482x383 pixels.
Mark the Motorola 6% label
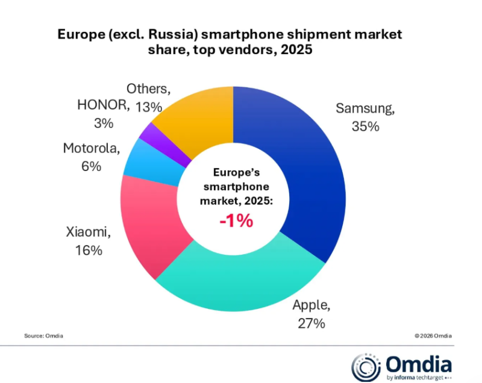(x=91, y=157)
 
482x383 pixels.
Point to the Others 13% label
(x=148, y=98)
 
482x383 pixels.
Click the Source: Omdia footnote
(x=43, y=335)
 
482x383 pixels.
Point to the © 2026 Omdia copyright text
(x=433, y=335)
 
